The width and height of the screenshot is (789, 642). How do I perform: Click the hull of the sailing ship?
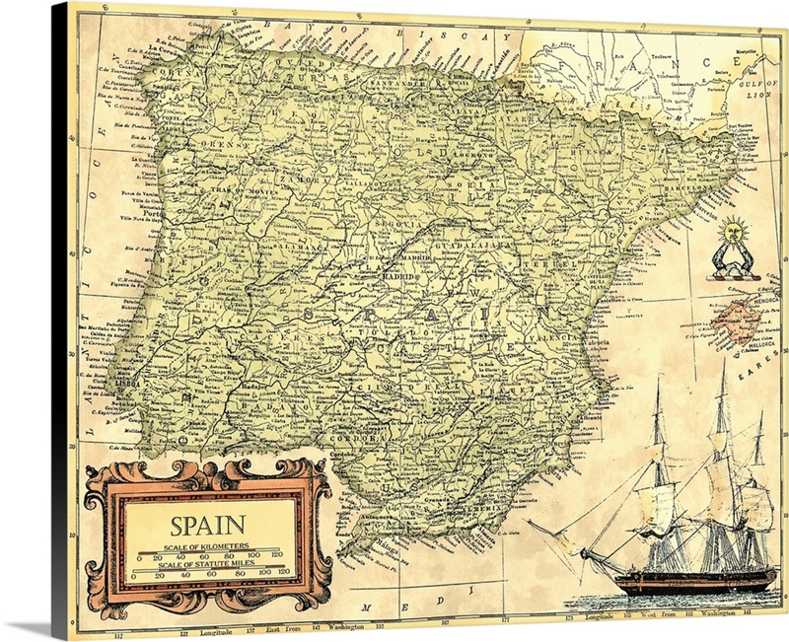point(690,581)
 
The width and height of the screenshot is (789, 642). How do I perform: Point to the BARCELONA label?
point(690,184)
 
